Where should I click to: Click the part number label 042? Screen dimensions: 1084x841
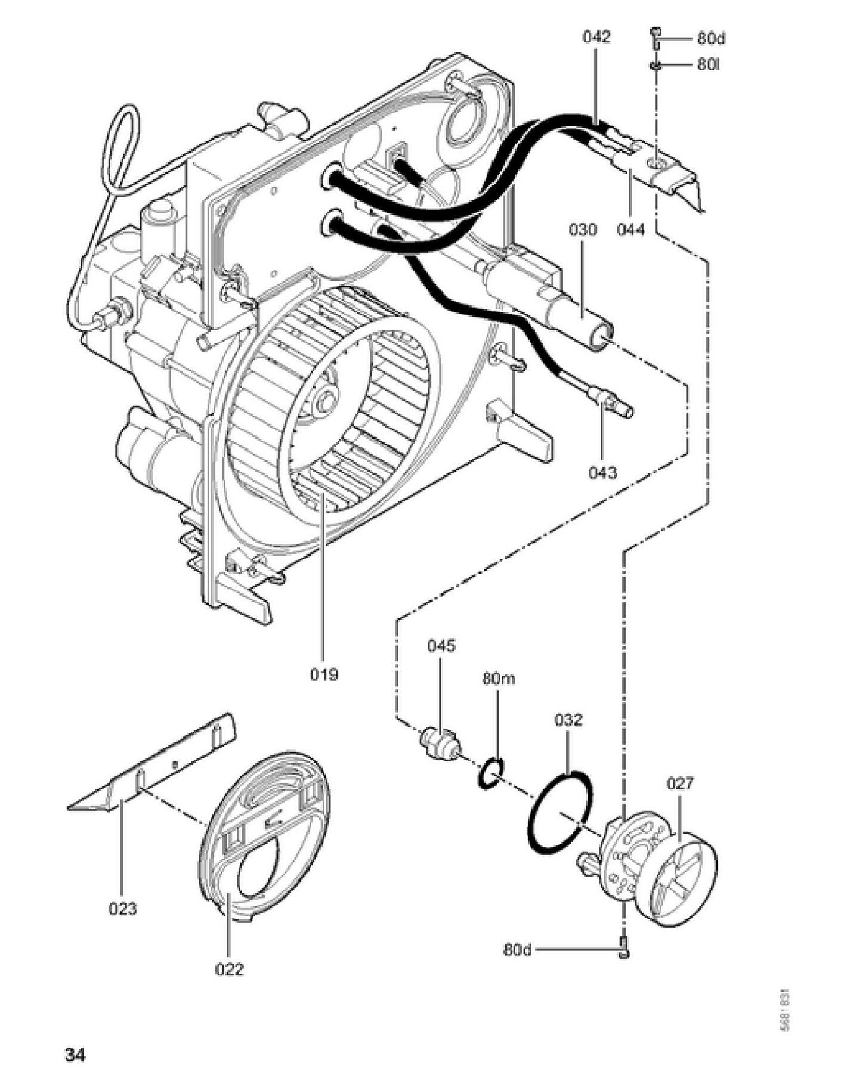pyautogui.click(x=596, y=37)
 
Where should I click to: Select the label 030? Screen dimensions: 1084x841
pyautogui.click(x=582, y=230)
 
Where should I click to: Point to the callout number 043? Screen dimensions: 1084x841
pyautogui.click(x=602, y=473)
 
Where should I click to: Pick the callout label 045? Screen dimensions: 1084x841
pyautogui.click(x=441, y=645)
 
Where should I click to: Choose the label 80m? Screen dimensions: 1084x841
pyautogui.click(x=499, y=679)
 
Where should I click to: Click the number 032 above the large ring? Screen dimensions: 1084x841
pyautogui.click(x=568, y=720)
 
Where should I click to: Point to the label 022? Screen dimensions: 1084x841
pyautogui.click(x=230, y=970)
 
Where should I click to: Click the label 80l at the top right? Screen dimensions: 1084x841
pyautogui.click(x=708, y=64)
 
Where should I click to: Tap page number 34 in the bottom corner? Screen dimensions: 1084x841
pyautogui.click(x=75, y=1055)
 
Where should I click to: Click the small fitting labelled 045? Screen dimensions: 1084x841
pyautogui.click(x=441, y=742)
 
